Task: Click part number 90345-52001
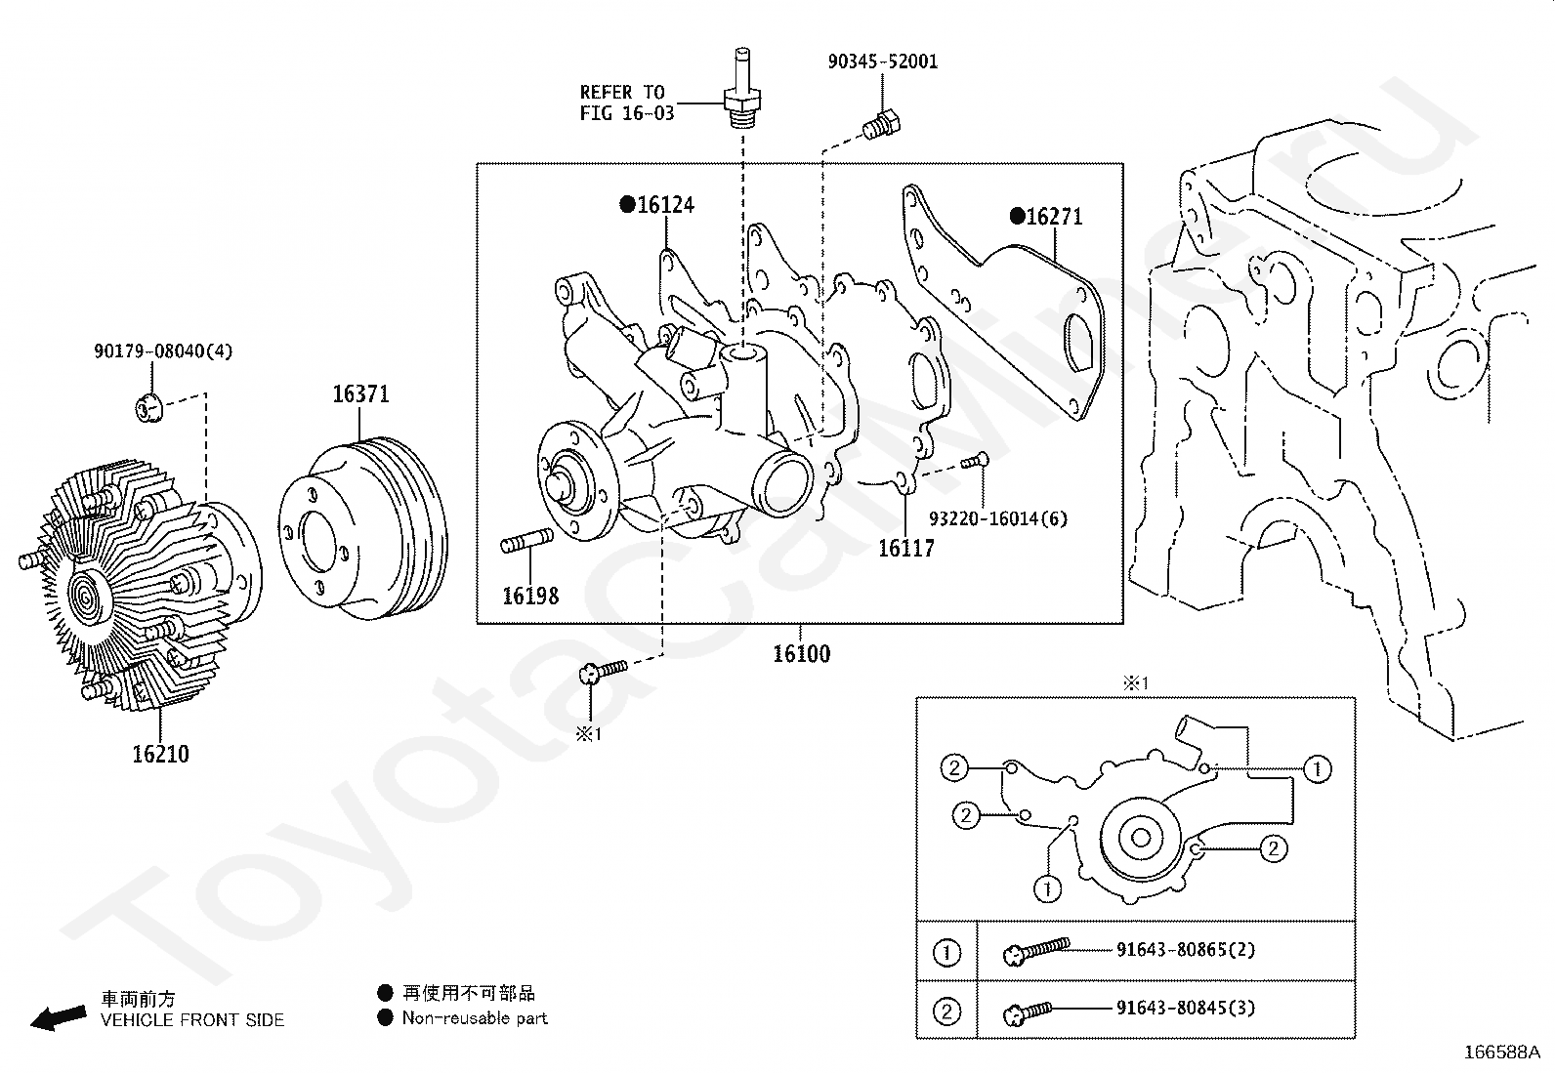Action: click(x=882, y=62)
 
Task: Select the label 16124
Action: click(x=665, y=205)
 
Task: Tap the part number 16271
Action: click(x=1054, y=217)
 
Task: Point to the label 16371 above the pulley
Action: click(x=360, y=394)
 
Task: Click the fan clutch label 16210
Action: click(x=160, y=754)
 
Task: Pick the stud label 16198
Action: click(x=530, y=596)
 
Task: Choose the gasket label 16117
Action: click(x=905, y=549)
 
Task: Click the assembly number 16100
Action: click(x=801, y=654)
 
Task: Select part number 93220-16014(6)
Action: click(x=998, y=518)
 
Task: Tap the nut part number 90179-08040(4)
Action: click(x=163, y=351)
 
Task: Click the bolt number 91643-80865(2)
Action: click(x=1186, y=949)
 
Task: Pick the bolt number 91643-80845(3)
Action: click(x=1186, y=1008)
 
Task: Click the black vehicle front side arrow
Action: click(x=59, y=1017)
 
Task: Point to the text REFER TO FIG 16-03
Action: click(x=626, y=103)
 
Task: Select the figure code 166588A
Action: click(x=1501, y=1052)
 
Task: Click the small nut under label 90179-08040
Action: click(x=148, y=407)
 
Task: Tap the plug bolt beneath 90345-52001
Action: click(x=882, y=126)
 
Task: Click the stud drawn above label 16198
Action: click(x=526, y=541)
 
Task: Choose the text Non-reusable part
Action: click(x=475, y=1018)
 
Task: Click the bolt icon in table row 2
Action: click(x=1028, y=1012)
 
